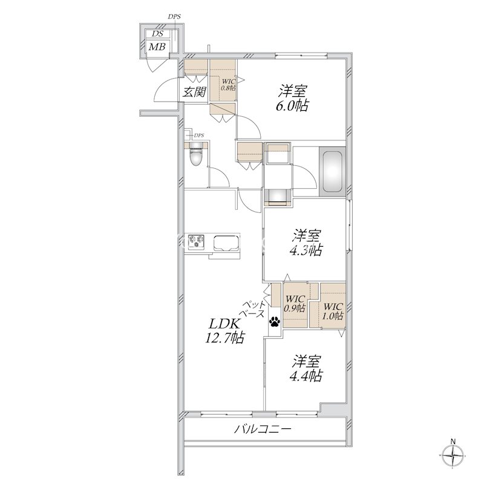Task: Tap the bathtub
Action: pos(332,171)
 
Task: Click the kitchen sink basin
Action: pos(226,243)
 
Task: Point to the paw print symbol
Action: pos(275,321)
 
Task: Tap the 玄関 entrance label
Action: pos(194,92)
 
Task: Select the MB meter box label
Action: pos(157,47)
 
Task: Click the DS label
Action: pos(157,34)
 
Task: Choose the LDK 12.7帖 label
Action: pos(224,331)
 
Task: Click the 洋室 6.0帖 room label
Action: pos(293,98)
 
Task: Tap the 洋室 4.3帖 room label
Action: pos(306,243)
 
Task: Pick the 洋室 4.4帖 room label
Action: pos(306,368)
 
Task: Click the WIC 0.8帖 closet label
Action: pos(229,85)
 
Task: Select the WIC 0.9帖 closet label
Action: pos(295,304)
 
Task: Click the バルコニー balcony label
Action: pos(263,429)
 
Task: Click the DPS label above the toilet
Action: pos(198,135)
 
